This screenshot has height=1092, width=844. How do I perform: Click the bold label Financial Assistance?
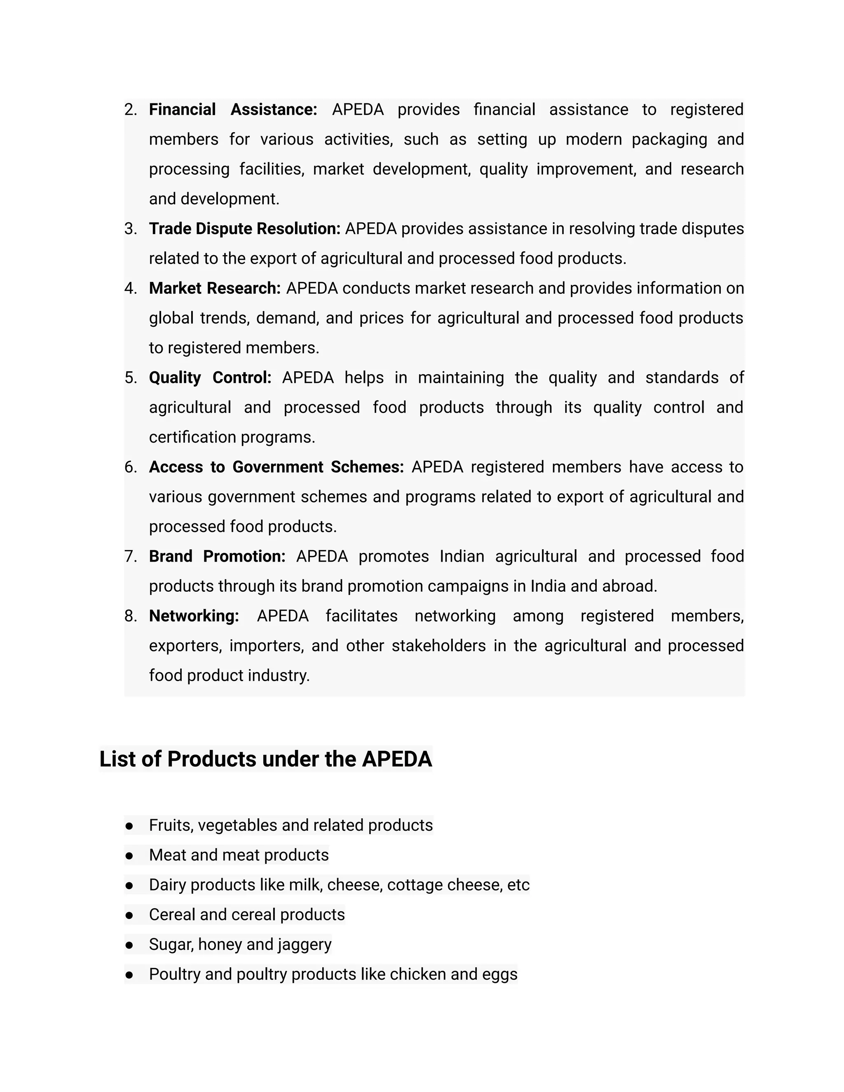pos(232,110)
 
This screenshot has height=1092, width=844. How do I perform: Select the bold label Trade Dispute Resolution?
pos(244,229)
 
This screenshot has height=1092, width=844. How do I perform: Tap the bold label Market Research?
pos(214,288)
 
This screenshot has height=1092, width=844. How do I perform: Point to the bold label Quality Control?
pos(210,377)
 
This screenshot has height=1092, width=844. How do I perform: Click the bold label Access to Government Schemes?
pos(276,467)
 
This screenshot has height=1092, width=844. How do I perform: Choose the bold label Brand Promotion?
pos(217,556)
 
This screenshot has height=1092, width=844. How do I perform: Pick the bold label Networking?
pos(194,616)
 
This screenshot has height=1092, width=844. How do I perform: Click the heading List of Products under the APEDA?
pos(265,759)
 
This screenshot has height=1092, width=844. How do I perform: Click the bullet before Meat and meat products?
pos(129,855)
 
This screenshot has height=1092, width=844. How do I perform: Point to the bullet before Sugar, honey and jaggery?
pos(129,945)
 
